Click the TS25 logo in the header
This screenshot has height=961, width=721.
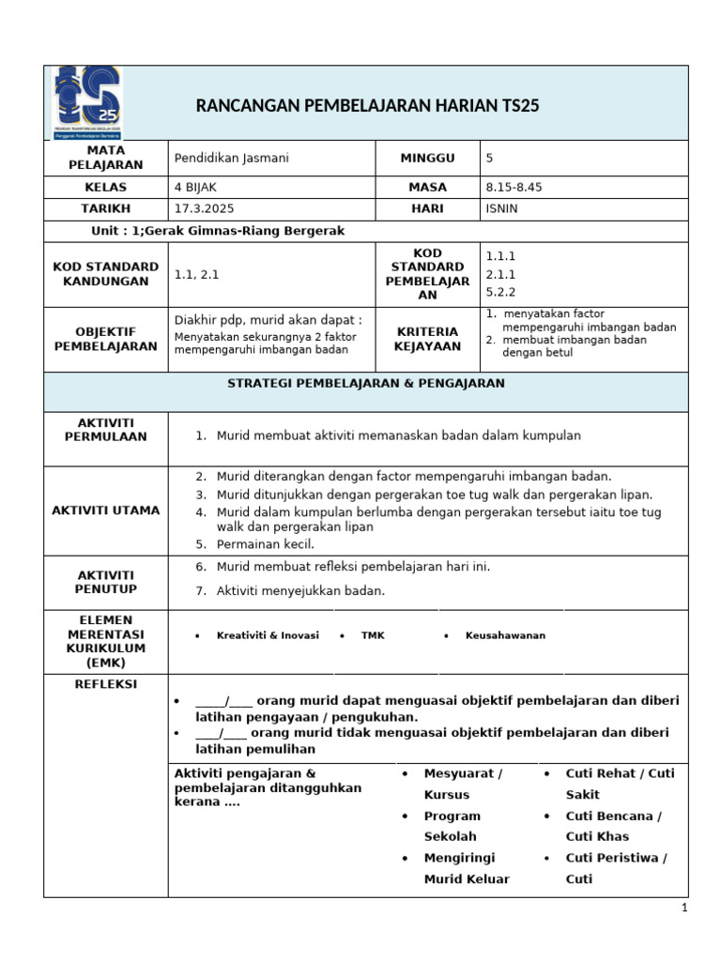[85, 102]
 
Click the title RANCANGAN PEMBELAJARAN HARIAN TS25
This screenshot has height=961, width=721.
[368, 105]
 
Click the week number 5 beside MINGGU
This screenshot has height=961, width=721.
[489, 158]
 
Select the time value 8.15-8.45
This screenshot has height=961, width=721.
[514, 187]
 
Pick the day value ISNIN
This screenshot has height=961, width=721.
[501, 208]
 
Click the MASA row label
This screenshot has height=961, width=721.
[427, 187]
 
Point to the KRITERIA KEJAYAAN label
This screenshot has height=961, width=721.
[427, 339]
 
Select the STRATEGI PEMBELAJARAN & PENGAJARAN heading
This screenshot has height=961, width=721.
[366, 383]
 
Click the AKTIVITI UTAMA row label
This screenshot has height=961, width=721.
[106, 510]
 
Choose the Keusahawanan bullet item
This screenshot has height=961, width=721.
[505, 635]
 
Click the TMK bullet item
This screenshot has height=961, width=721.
[373, 635]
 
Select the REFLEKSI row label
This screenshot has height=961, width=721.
[105, 684]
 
